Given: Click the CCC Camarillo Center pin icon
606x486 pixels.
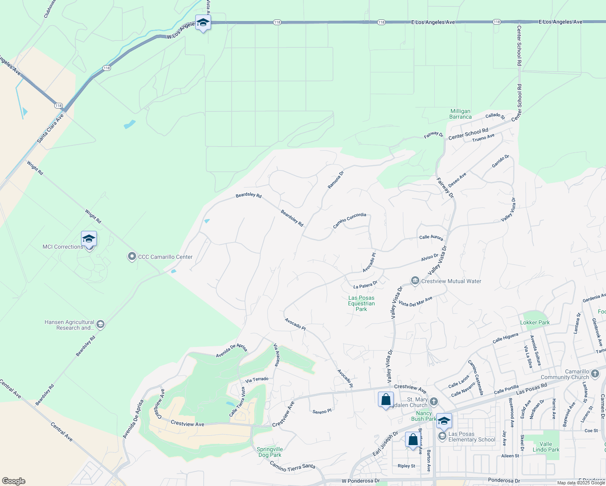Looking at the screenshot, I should click(132, 257).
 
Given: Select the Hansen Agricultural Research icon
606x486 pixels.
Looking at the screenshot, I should click(100, 324).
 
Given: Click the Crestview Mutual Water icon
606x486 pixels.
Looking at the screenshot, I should click(415, 281).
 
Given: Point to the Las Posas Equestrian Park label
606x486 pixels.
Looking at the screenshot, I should click(361, 303).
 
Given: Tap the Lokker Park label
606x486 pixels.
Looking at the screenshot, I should click(535, 323).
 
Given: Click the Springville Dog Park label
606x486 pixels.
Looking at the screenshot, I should click(270, 452).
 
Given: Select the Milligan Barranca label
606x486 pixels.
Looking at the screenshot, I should click(461, 114).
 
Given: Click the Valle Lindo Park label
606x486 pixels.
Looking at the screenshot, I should click(546, 447).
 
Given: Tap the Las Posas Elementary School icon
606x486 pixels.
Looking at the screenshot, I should click(442, 436).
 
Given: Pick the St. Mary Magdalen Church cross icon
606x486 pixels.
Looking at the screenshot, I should click(434, 402).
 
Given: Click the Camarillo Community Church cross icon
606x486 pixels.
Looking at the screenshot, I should click(595, 373).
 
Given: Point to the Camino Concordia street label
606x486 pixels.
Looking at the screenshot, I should click(350, 220).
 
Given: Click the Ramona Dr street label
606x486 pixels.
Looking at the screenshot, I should click(335, 179).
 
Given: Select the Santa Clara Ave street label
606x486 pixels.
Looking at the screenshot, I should click(50, 128).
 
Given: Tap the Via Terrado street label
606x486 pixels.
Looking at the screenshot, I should click(257, 380).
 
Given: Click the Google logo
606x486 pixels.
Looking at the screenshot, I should click(14, 481).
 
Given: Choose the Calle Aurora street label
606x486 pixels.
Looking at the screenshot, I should click(431, 237).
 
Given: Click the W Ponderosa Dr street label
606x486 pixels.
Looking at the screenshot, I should click(361, 481).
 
